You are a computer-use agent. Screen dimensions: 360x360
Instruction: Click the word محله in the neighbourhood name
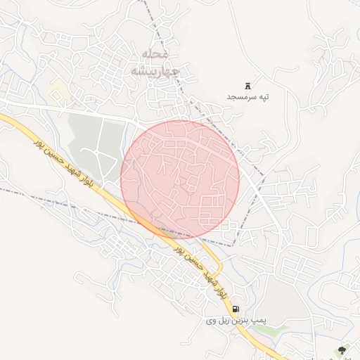pos(154,54)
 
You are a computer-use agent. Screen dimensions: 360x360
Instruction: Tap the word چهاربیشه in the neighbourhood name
pos(155,71)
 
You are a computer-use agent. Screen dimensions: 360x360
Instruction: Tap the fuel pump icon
pos(235,309)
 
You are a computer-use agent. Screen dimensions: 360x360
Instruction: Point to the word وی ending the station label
pos(212,321)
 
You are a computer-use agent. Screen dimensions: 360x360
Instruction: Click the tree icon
pos(342,349)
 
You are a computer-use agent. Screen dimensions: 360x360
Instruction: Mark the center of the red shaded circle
pos(180,179)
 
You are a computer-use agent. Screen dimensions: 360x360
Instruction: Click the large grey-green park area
pos(88,134)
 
